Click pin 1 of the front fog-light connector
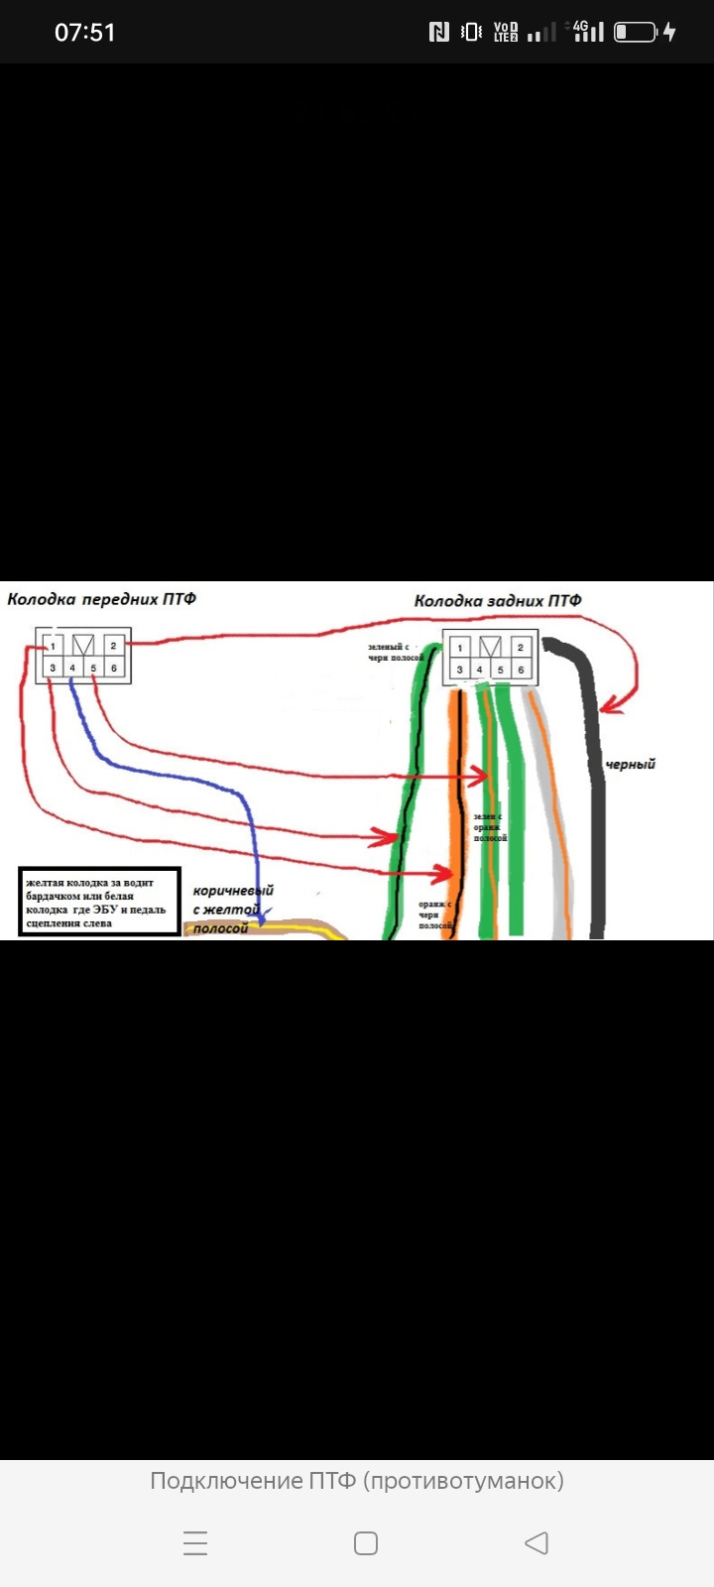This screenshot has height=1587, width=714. [54, 646]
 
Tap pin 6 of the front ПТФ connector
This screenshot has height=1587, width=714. [114, 669]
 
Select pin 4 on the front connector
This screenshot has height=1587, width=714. [72, 669]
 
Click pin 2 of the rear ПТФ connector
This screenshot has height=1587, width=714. [520, 648]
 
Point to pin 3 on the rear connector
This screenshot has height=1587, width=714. [459, 671]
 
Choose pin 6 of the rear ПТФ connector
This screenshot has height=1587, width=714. [521, 671]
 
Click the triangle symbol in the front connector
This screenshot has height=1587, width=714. [83, 646]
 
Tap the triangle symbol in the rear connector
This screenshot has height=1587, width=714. [489, 648]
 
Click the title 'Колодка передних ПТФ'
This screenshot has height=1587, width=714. [101, 599]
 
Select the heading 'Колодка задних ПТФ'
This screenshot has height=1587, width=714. [498, 600]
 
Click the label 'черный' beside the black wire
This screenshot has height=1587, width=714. [631, 765]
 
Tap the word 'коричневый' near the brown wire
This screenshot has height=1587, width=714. [233, 891]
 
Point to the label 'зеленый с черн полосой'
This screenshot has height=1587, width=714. [395, 653]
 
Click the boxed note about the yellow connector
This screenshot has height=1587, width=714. [99, 903]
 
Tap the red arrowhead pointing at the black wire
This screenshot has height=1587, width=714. [609, 706]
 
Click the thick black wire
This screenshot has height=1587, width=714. [598, 813]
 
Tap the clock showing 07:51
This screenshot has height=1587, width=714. [84, 33]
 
